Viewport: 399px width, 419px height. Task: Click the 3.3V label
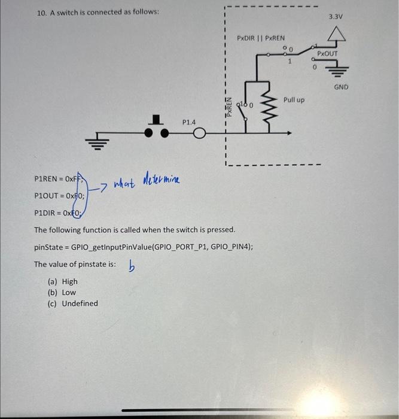335,16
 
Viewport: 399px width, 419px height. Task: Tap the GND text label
340,87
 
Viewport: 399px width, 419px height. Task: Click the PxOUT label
327,53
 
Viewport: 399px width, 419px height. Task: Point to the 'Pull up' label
294,99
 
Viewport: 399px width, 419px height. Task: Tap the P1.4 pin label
189,122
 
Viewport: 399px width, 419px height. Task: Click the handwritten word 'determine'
161,178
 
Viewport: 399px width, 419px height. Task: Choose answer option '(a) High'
62,281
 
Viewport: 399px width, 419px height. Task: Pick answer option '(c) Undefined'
72,303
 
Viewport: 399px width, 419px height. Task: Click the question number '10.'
41,12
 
